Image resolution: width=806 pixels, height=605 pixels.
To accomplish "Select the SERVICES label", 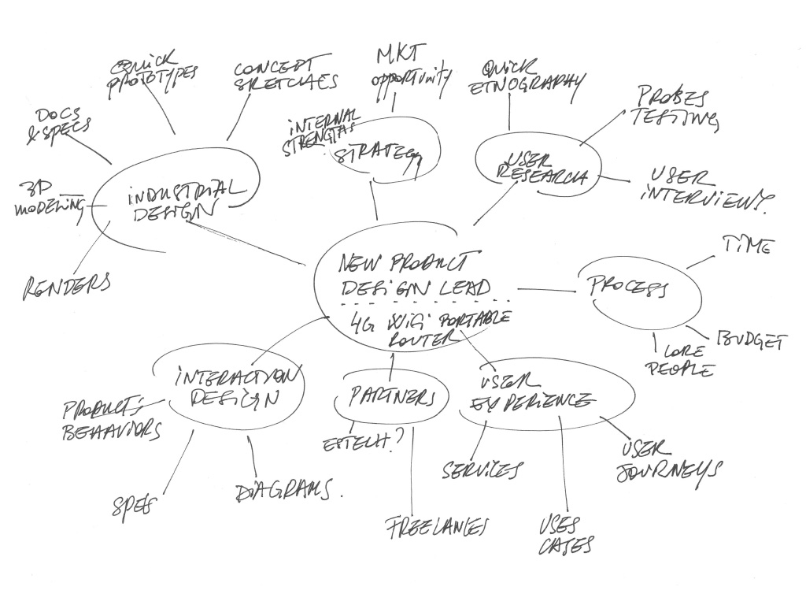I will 481,470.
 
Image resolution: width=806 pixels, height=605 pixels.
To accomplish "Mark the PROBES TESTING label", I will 674,108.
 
